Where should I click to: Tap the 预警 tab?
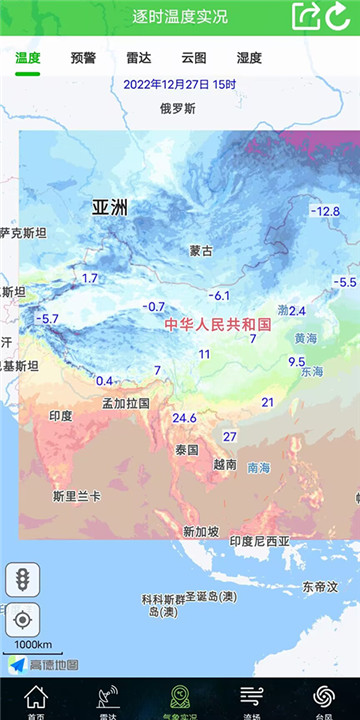point(84,58)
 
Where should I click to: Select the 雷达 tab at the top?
point(138,58)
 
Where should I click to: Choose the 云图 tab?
point(194,58)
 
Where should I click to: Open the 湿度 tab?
point(249,58)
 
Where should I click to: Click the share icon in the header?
point(306,16)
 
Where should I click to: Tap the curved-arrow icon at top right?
point(339,16)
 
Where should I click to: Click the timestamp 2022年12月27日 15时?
point(180,84)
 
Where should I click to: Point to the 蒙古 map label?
point(201,251)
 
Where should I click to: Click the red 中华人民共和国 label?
point(218,325)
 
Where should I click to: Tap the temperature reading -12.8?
point(325,211)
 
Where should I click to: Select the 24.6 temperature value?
point(184,418)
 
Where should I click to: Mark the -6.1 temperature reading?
point(219,296)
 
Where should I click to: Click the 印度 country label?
point(61,415)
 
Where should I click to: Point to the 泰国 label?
point(187,450)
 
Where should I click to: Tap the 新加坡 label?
point(200,531)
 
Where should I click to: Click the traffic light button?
point(22,578)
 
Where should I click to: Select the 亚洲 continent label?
point(110,208)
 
